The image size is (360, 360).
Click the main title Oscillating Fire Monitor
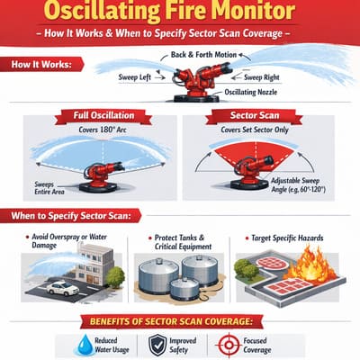180,15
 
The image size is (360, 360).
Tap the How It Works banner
42,65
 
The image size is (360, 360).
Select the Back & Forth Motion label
206,56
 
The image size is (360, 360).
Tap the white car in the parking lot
62,288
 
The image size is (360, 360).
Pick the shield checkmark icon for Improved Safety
157,344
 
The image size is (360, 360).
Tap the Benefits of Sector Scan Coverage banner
180,321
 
